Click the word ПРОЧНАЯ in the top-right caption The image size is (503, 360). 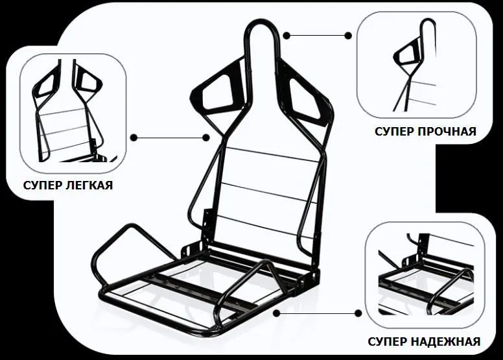pos(447,131)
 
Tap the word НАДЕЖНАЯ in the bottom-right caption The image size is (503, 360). pos(446,341)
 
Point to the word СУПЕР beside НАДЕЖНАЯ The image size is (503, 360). pos(388,341)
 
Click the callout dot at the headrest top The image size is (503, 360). pos(287,35)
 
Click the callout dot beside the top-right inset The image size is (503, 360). pos(348,35)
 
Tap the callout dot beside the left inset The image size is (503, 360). pos(134,138)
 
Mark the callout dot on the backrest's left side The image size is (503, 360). pos(206,138)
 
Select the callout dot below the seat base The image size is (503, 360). pos(277,313)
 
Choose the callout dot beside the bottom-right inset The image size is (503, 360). pos(358,313)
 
